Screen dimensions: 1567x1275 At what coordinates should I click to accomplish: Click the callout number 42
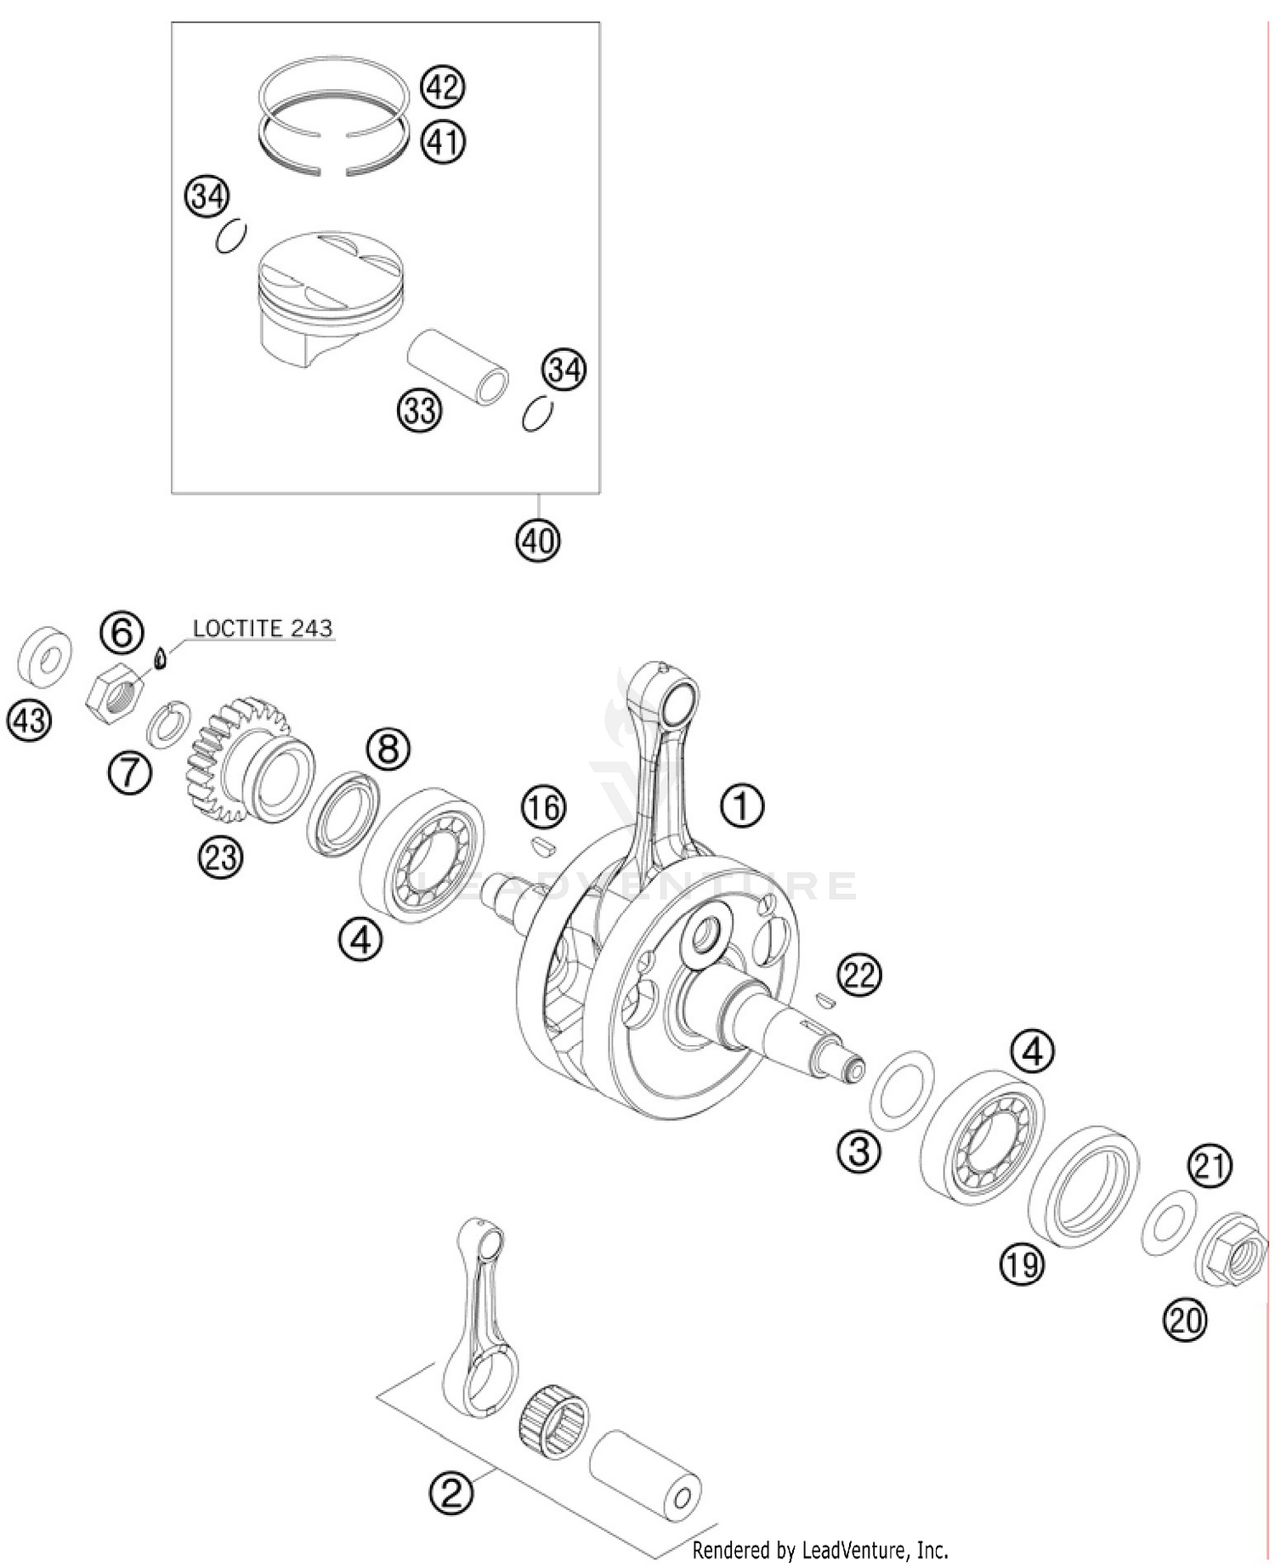[x=442, y=87]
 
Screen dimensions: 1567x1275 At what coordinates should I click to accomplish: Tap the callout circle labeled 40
[x=537, y=540]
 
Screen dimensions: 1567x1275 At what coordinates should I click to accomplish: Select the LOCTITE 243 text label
[x=262, y=628]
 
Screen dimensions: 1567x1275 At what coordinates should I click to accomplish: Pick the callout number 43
[x=29, y=721]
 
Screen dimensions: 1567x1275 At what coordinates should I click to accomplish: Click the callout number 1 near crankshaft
[x=742, y=806]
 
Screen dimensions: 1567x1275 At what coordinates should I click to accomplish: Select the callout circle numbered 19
[x=1022, y=1264]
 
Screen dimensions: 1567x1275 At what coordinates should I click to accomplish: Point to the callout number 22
[x=859, y=975]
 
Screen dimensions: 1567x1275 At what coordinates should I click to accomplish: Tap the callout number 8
[x=388, y=749]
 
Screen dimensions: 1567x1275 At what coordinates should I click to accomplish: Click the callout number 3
[x=859, y=1151]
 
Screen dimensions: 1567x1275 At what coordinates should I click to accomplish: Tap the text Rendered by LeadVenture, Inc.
[x=819, y=1550]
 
